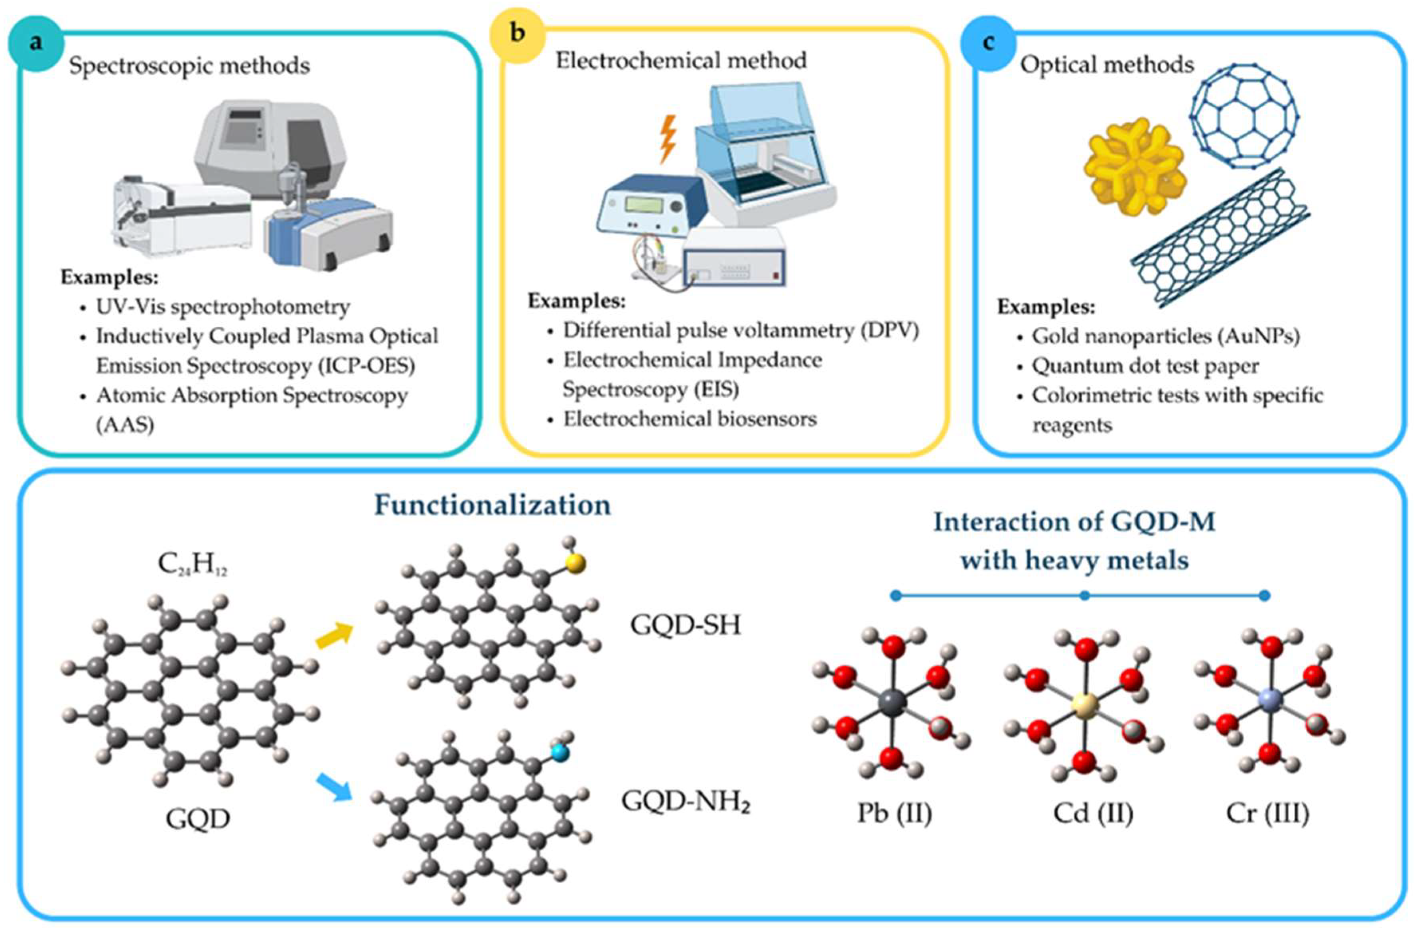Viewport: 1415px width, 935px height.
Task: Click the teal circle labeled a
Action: pos(36,43)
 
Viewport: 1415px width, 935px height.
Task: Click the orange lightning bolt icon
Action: pos(669,138)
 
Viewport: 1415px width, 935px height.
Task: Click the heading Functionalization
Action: pos(492,505)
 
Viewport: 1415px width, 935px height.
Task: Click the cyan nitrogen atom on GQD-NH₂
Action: pos(560,753)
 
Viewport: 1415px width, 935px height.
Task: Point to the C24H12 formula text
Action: pos(192,564)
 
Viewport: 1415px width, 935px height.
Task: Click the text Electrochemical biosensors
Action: pos(690,419)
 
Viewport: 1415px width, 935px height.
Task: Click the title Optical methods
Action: pos(1107,64)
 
